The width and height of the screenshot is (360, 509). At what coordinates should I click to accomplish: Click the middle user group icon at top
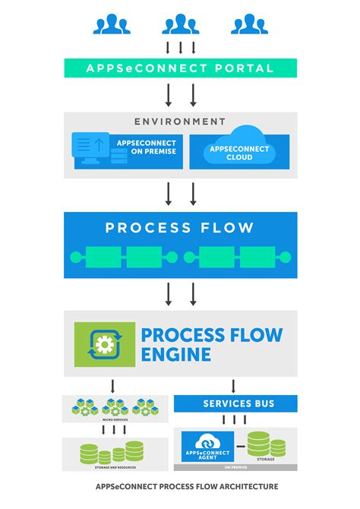tap(180, 24)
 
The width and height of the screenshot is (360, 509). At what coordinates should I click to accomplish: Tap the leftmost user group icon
tap(112, 24)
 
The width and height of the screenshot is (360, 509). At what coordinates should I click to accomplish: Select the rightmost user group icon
tap(249, 24)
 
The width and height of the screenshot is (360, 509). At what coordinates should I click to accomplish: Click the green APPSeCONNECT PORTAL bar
tap(180, 68)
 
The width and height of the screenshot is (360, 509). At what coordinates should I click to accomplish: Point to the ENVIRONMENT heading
tap(180, 121)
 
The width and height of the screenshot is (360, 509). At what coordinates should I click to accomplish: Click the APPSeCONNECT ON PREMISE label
tap(146, 147)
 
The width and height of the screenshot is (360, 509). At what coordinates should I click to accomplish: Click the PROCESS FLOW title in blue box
tap(180, 227)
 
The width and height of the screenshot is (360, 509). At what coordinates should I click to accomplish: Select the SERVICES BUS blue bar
tap(235, 403)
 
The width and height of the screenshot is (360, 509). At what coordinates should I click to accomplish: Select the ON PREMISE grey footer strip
tap(235, 467)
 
